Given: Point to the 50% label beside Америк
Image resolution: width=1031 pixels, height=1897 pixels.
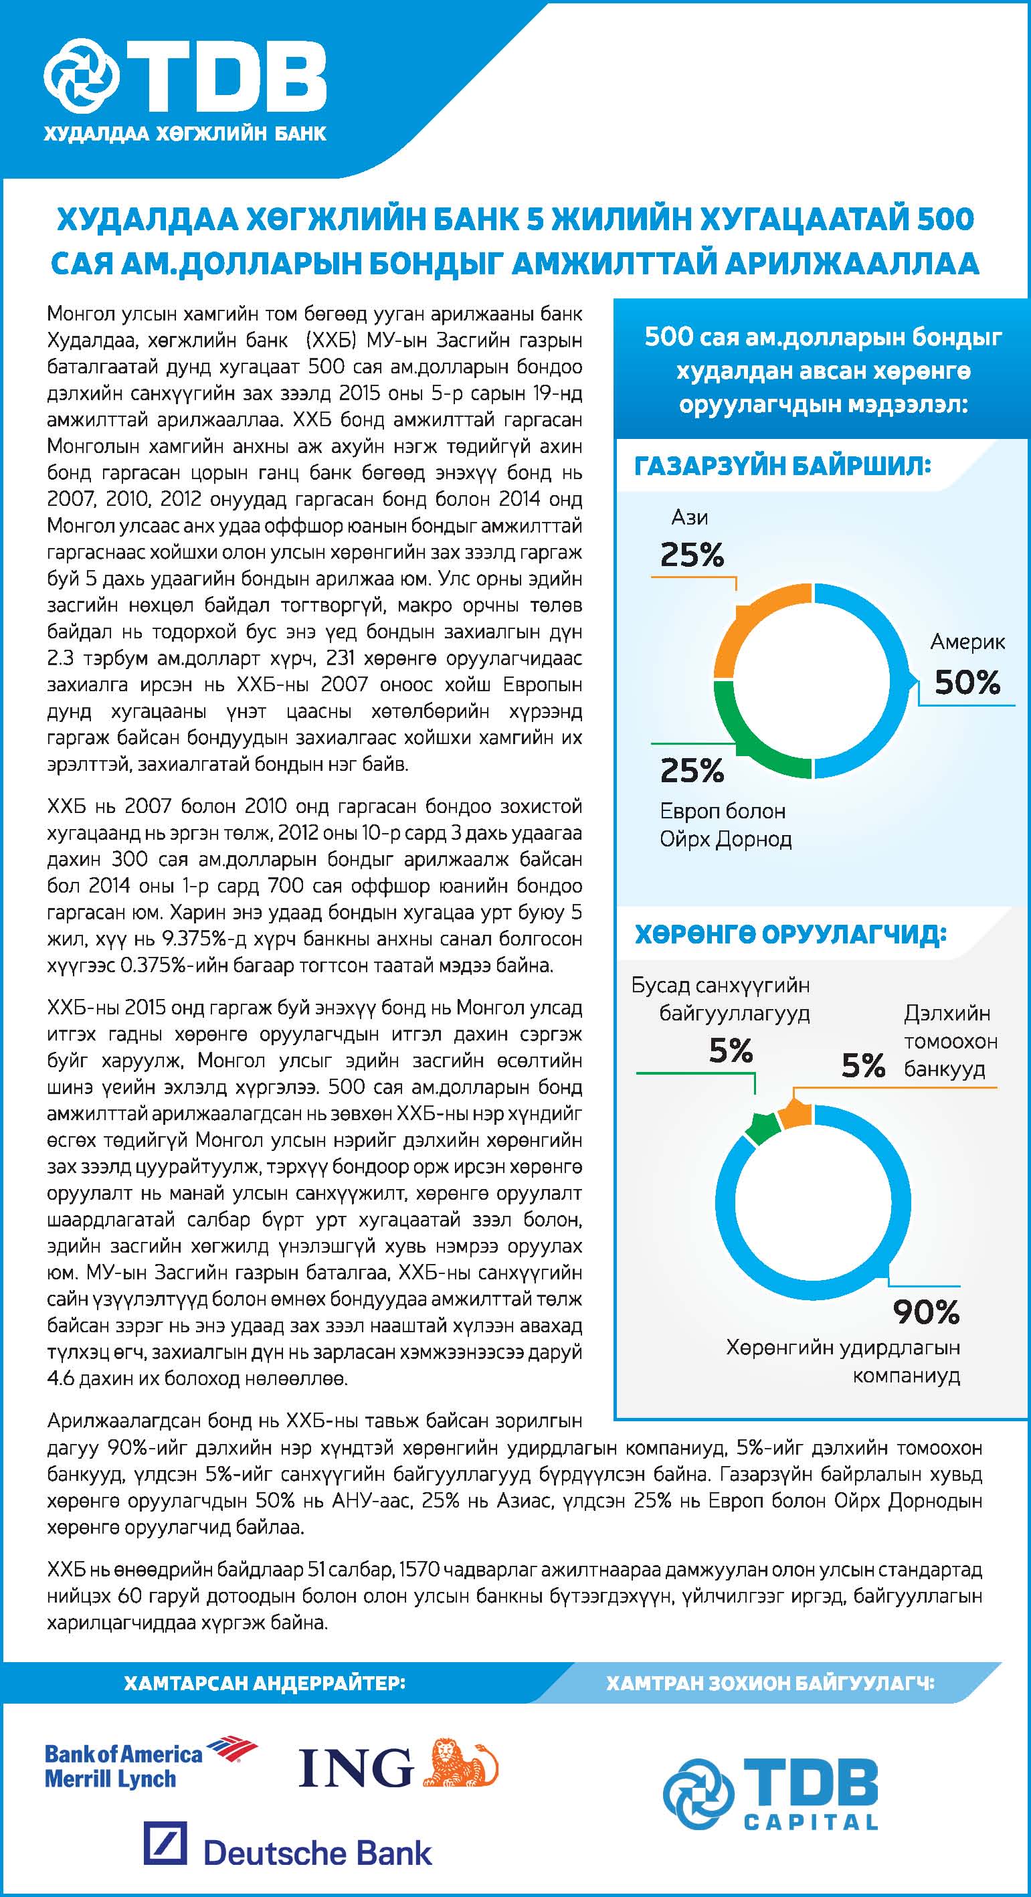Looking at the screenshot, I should click(x=967, y=683).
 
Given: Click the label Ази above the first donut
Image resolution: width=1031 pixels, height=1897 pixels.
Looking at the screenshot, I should click(x=689, y=518).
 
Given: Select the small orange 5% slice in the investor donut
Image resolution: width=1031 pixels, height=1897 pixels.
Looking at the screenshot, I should click(x=795, y=1113).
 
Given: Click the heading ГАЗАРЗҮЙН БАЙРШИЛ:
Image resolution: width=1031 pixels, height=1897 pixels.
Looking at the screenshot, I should click(x=782, y=466).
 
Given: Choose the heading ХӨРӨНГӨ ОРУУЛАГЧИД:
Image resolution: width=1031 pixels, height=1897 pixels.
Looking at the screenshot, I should click(x=790, y=933).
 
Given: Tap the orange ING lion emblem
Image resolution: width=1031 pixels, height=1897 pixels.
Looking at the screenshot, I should click(x=460, y=1763).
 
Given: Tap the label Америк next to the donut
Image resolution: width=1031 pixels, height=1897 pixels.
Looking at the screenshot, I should click(x=967, y=642).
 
